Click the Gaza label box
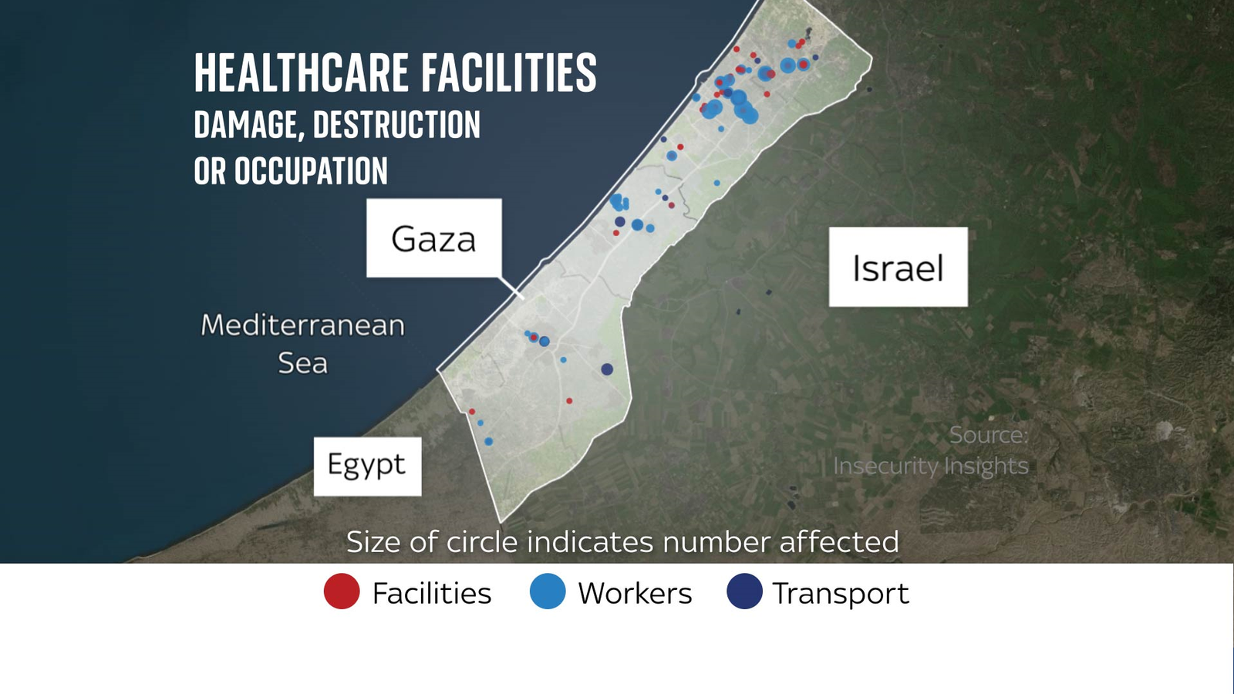pos(433,238)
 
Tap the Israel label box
pos(898,267)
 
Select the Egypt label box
pos(367,466)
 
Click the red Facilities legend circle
pos(342,592)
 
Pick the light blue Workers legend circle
pos(548,592)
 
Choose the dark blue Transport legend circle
pos(744,592)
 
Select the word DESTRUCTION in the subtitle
pos(396,125)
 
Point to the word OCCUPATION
pos(311,171)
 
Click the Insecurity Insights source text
pos(931,466)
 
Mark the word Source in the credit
pos(988,435)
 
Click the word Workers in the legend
pos(635,593)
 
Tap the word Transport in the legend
pos(841,593)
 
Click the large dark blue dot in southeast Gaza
pos(607,369)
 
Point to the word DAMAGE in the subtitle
pos(245,125)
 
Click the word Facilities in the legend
pos(431,593)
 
